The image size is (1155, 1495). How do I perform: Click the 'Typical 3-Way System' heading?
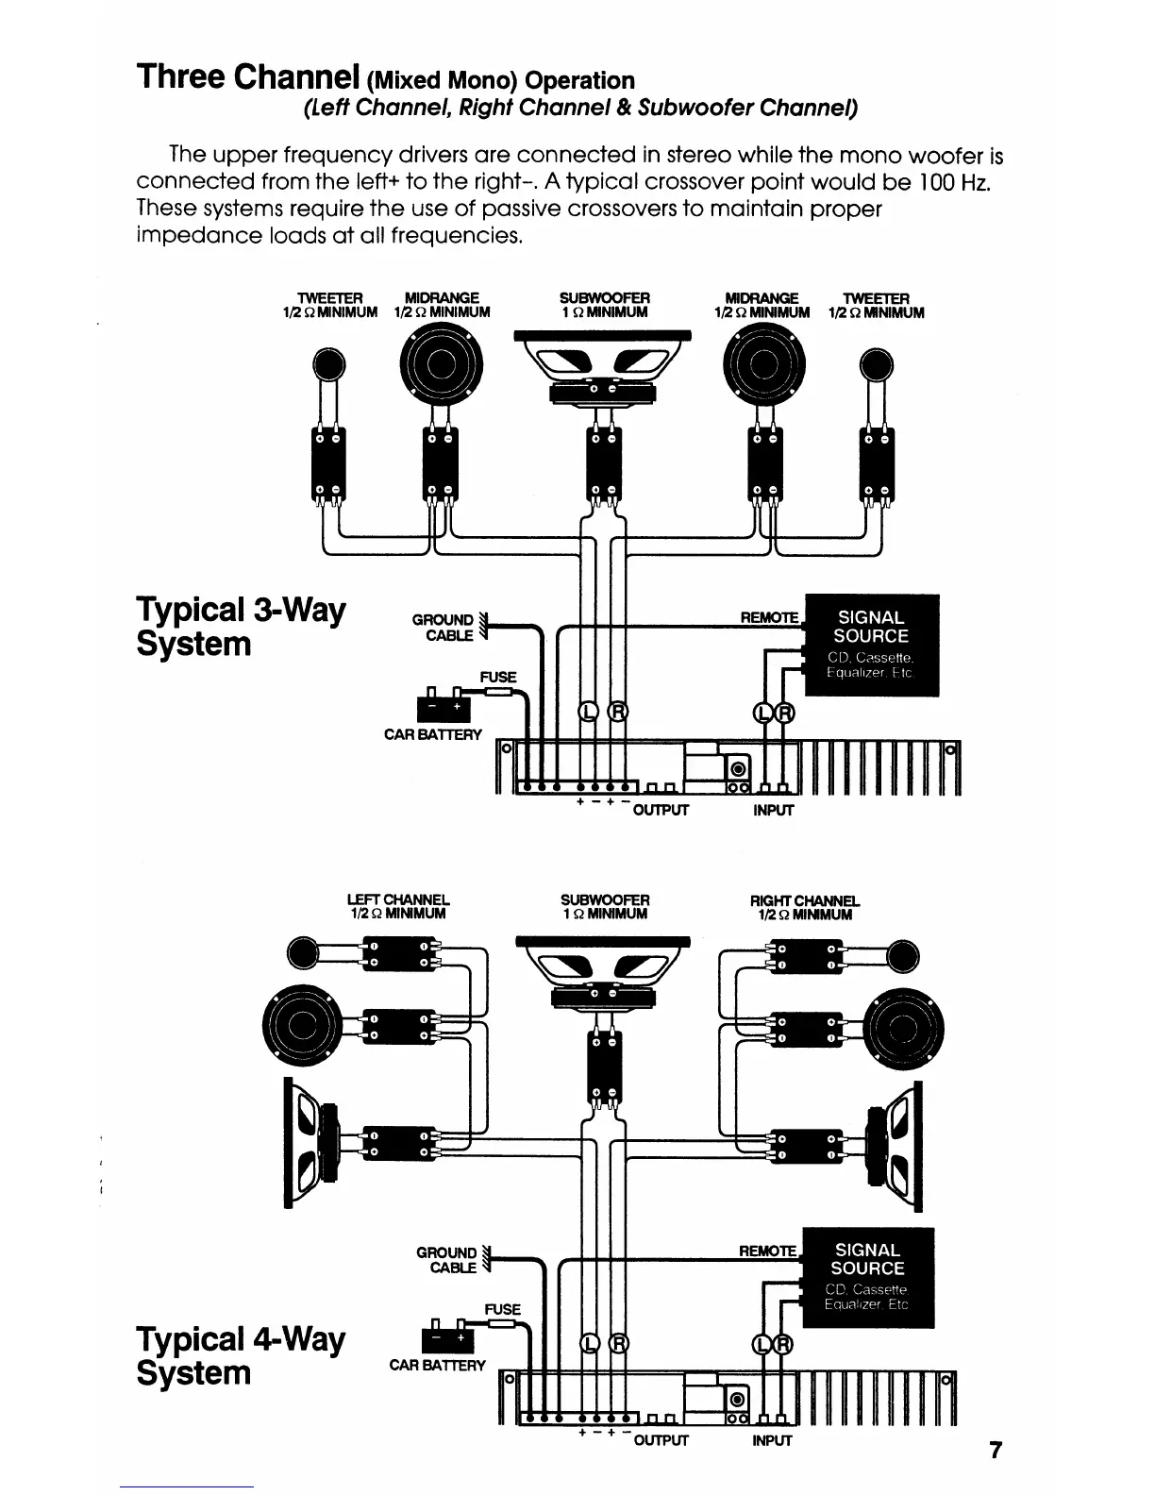(241, 627)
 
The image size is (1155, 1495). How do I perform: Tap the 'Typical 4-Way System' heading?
(241, 1355)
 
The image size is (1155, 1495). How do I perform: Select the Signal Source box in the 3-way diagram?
(871, 645)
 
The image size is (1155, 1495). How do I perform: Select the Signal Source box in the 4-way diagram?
(866, 1277)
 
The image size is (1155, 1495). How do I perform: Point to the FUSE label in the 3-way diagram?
(497, 677)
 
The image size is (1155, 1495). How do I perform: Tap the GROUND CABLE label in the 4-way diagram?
(446, 1260)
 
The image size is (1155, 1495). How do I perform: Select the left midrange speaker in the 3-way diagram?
(441, 363)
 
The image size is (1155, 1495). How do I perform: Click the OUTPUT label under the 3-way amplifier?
(661, 810)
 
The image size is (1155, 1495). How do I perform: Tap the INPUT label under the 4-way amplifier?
(771, 1441)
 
